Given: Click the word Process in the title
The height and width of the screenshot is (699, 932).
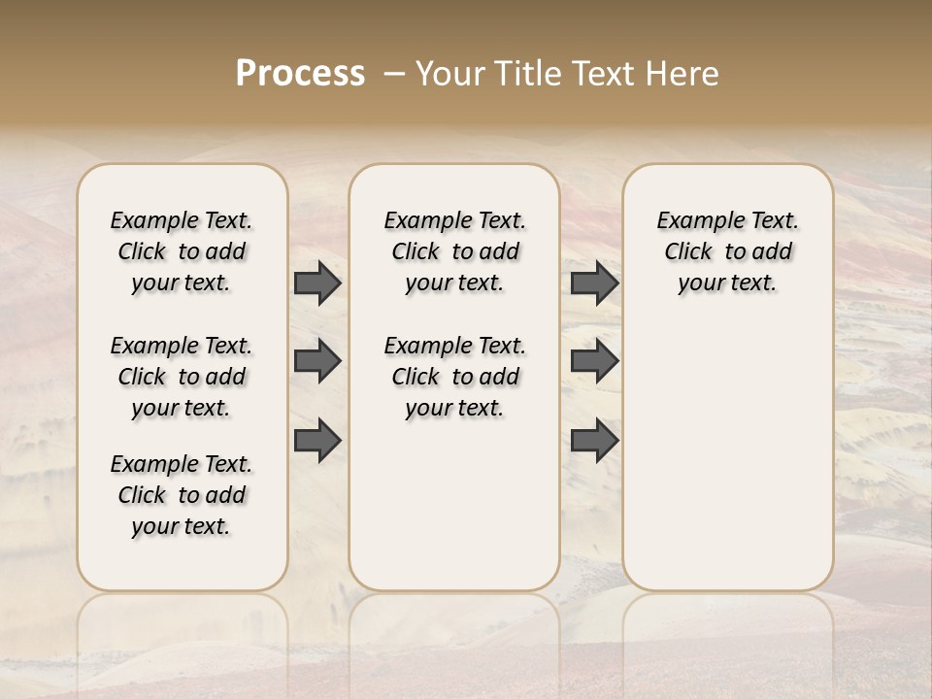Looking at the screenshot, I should click(300, 74).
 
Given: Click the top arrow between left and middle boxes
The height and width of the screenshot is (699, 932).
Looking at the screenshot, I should click(317, 283).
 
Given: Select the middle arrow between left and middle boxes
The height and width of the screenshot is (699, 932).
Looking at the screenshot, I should click(317, 361).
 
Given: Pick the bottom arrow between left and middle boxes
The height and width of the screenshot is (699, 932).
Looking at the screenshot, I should click(317, 441).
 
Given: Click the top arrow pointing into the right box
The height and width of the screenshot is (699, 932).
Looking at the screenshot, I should click(594, 283).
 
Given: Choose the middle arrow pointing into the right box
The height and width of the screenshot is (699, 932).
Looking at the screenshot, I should click(594, 361).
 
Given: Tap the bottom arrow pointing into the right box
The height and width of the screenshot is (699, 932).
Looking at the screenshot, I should click(594, 441).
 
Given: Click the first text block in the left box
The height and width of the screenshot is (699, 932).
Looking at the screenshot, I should click(182, 251).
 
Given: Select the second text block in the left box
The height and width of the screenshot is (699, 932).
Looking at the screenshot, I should click(182, 377).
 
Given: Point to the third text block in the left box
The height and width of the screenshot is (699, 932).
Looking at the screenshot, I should click(182, 495).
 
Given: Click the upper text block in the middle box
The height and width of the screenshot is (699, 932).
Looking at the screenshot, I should click(454, 251).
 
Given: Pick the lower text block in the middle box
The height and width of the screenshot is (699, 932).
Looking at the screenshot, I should click(454, 377).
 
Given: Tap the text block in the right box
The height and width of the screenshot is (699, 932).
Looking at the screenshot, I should click(727, 251).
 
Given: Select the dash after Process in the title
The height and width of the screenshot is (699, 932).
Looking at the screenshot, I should click(394, 74).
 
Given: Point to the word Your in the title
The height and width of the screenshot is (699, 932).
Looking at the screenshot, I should click(450, 74).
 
